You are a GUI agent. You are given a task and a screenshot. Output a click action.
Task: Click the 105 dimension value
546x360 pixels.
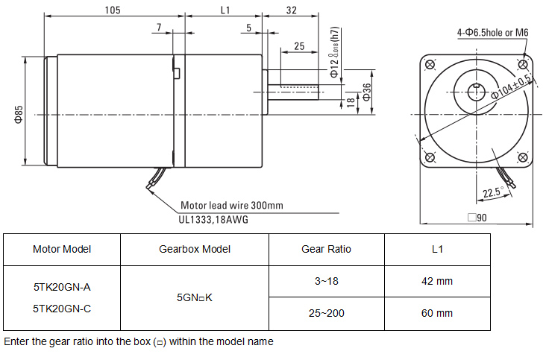[x=113, y=10]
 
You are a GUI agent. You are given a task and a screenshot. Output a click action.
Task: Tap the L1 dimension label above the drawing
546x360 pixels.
[x=226, y=10]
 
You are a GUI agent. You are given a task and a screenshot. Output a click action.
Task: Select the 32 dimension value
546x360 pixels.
[x=291, y=10]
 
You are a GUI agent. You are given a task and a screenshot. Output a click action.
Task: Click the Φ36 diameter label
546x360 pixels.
[x=367, y=90]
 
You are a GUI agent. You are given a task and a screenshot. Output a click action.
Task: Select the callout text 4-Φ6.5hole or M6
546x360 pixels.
[x=493, y=32]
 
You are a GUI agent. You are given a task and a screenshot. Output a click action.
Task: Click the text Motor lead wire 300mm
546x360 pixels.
[x=232, y=206]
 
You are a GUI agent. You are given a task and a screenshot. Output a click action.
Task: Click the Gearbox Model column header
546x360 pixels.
[x=195, y=249]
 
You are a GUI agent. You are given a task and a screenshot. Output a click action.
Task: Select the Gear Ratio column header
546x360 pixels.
[x=326, y=249]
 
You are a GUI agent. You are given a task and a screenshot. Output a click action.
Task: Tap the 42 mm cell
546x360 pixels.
[x=437, y=281]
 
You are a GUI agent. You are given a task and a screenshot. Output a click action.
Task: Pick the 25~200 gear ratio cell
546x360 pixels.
[x=326, y=313]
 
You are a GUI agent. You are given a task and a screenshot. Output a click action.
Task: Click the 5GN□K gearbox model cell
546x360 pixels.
[x=195, y=297]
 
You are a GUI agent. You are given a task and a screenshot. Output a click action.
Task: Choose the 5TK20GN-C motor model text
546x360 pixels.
[x=62, y=307]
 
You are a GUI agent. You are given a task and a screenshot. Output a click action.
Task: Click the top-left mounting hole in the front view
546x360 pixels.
[x=429, y=66]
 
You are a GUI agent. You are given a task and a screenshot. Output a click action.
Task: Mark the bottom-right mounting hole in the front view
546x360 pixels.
[x=522, y=158]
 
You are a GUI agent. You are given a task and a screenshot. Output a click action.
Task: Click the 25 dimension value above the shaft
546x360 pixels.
[x=299, y=46]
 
